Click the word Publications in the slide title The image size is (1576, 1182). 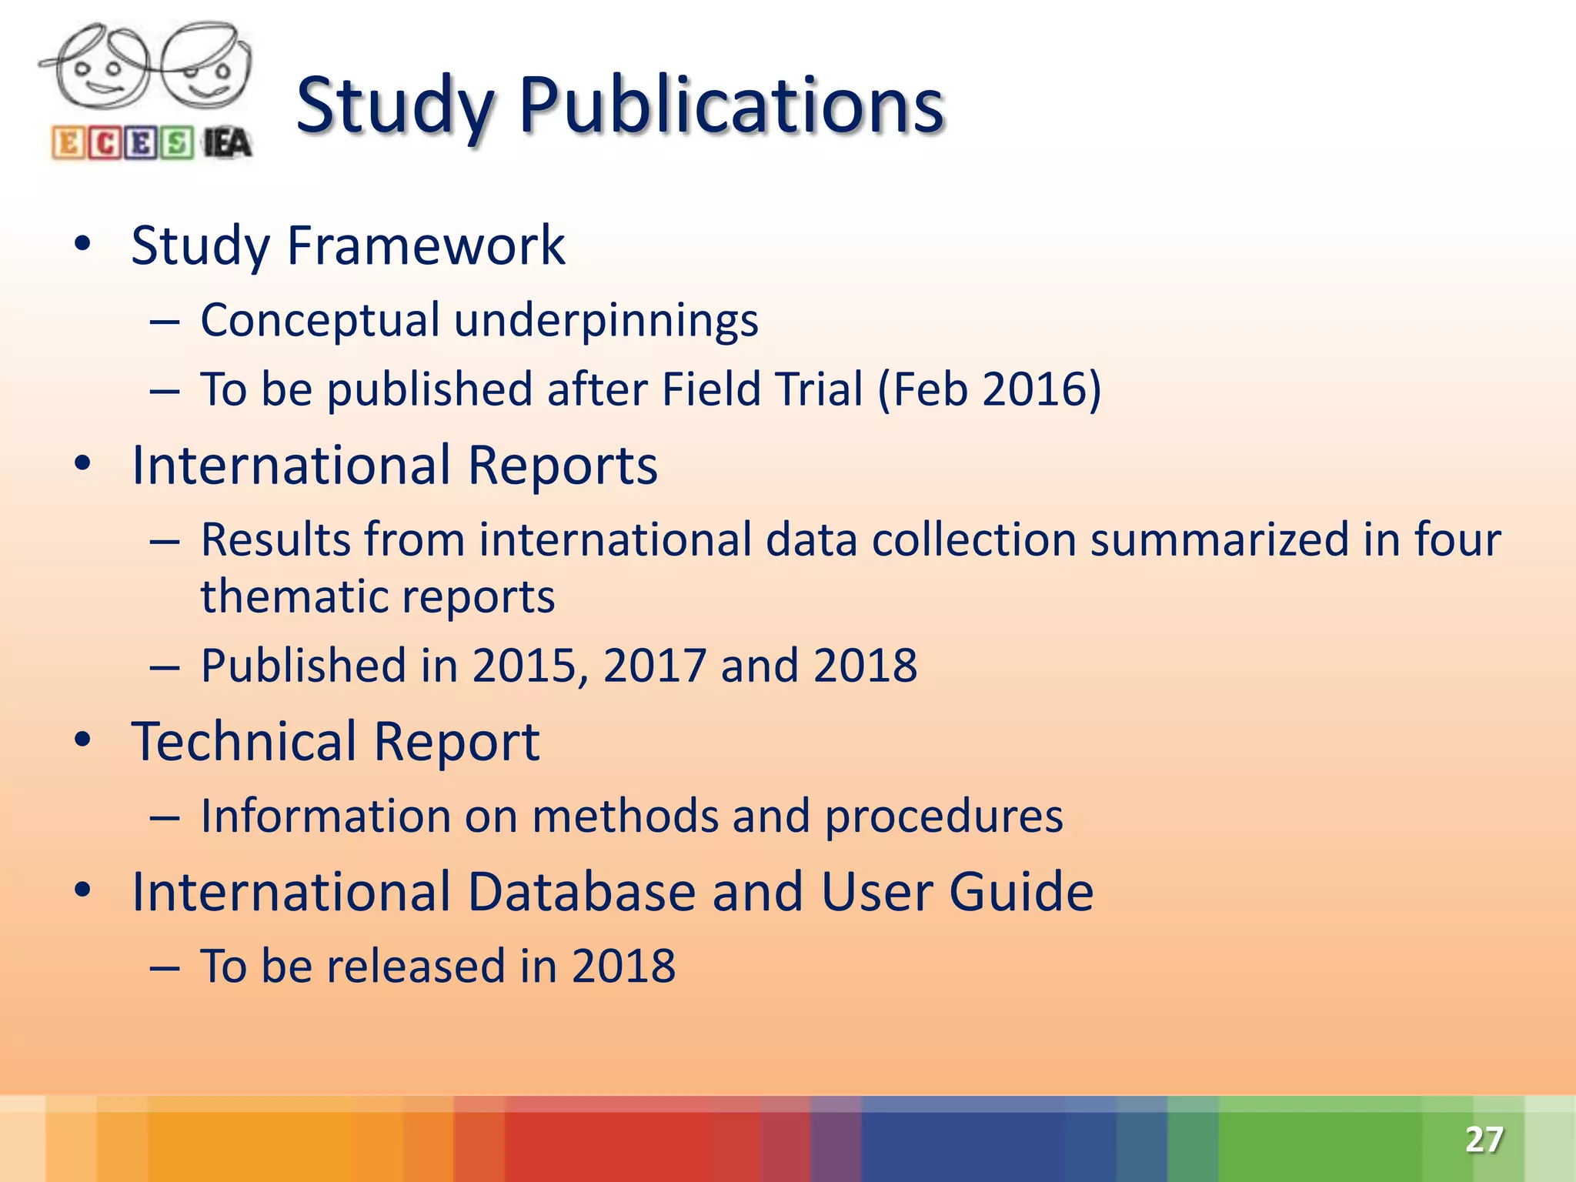tap(731, 105)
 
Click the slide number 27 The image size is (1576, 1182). tap(1484, 1139)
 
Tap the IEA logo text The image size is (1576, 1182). tap(227, 144)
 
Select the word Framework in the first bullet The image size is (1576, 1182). tap(426, 246)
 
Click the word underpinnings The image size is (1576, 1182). tap(606, 321)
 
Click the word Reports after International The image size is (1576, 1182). tap(562, 466)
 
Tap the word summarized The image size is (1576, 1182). tap(1219, 539)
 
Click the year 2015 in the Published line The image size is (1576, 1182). tap(524, 666)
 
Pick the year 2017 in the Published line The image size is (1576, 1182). tap(654, 666)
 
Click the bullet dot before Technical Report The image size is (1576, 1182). tap(82, 740)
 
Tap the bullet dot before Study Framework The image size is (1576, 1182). tap(82, 245)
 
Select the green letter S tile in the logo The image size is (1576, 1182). tap(177, 144)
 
